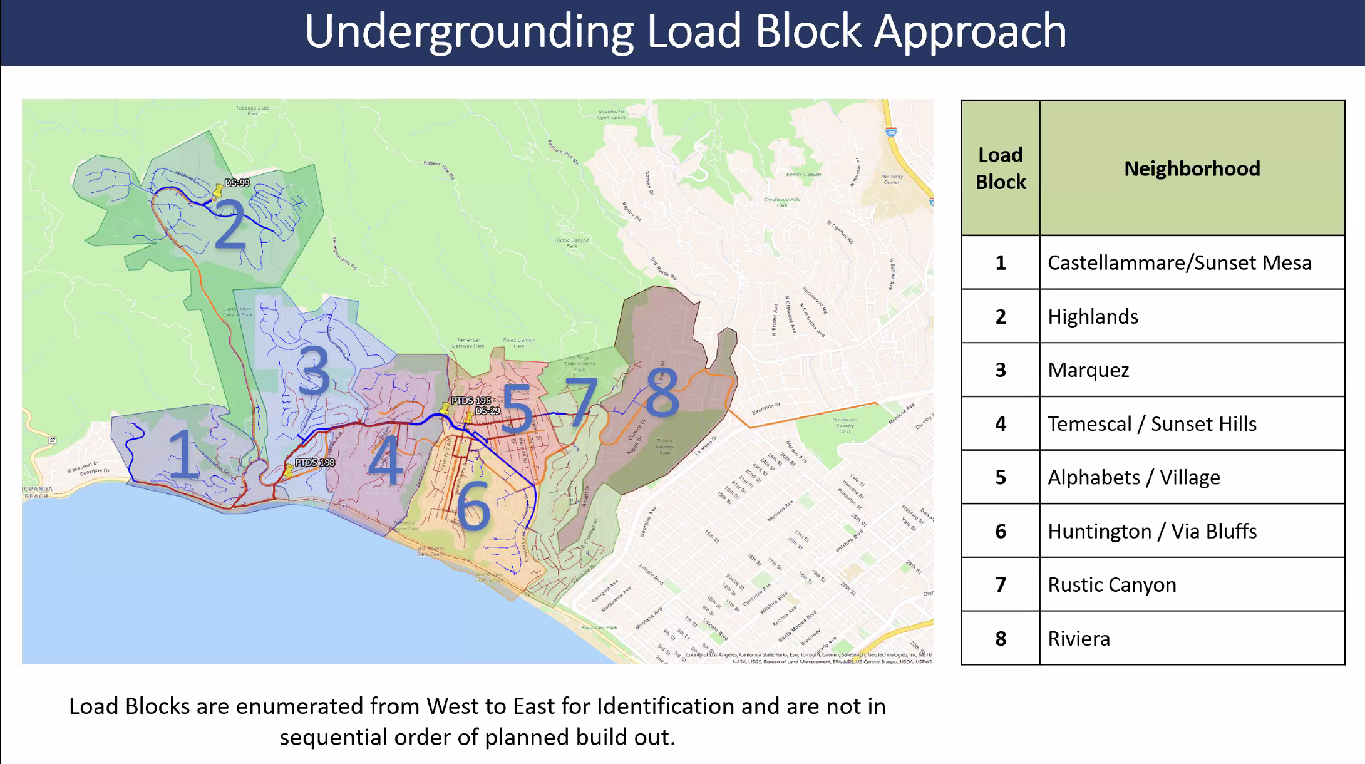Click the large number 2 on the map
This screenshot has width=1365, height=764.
click(230, 224)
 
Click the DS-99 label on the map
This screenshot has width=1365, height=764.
click(237, 183)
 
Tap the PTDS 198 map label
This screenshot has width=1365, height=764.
click(315, 462)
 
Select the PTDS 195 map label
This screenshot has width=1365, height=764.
click(471, 400)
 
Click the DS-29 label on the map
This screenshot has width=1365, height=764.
click(487, 411)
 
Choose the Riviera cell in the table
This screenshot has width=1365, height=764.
click(1079, 638)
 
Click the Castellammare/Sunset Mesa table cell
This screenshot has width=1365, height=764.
click(1179, 262)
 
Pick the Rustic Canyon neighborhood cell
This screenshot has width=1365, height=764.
click(1112, 584)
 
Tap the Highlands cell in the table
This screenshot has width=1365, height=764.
click(1093, 316)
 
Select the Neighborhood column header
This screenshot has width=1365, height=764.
click(1192, 168)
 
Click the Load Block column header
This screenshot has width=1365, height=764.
click(1001, 168)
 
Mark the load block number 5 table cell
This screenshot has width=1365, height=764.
click(1001, 477)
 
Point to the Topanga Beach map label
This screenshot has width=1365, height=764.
click(38, 492)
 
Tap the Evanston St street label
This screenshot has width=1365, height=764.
click(766, 408)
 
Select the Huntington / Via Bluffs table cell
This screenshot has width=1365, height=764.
click(1152, 531)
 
